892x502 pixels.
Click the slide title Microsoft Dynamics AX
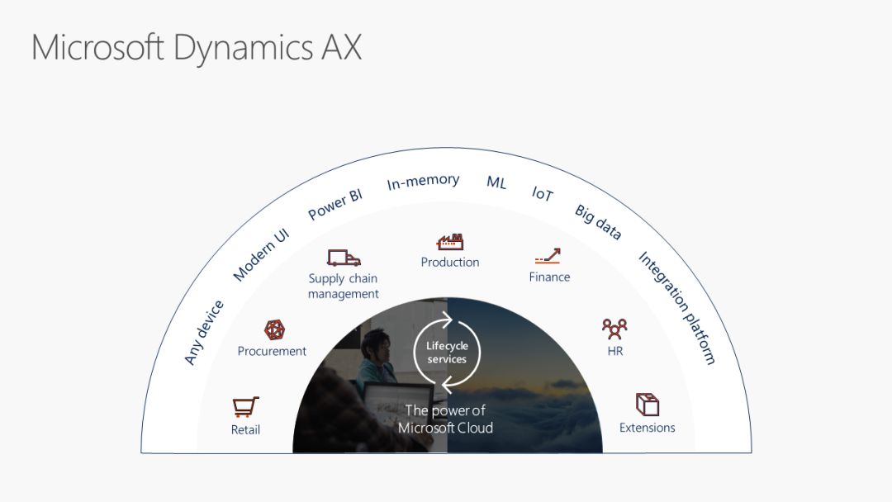coord(197,47)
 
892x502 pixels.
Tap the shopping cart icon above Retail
coord(245,406)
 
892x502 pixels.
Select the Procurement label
coord(272,351)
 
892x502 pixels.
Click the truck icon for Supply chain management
coord(344,258)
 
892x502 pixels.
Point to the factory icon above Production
coord(450,241)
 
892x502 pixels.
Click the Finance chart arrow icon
coord(548,256)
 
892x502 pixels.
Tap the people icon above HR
coord(614,329)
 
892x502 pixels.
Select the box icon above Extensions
coord(648,405)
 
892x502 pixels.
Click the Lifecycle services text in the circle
coord(447,353)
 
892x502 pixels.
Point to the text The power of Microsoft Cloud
coord(446,419)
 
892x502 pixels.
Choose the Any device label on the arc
coord(203,332)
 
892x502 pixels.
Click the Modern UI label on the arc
coord(261,254)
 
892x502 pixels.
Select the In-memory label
coord(423,182)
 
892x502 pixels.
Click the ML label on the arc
coord(496,182)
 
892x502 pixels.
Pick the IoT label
coord(543,194)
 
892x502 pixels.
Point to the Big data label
coord(598,222)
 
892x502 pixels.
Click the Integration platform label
coord(677,307)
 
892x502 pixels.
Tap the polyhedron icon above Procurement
coord(274,329)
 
